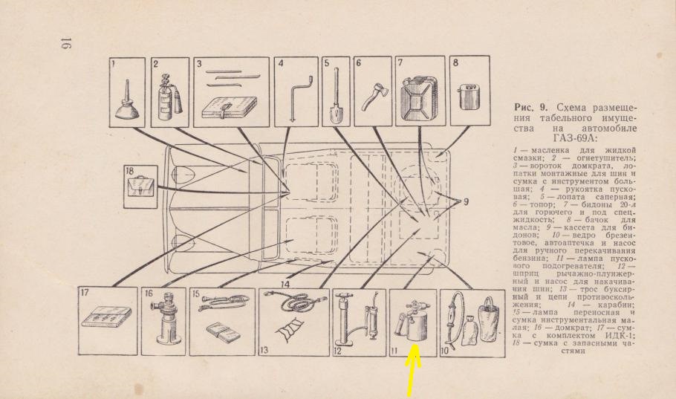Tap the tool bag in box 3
coord(229,108)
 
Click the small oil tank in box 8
coord(469,97)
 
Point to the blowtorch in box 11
coord(412,322)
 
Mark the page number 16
coord(66,43)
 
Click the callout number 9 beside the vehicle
coord(466,201)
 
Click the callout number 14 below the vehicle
coord(285,285)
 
